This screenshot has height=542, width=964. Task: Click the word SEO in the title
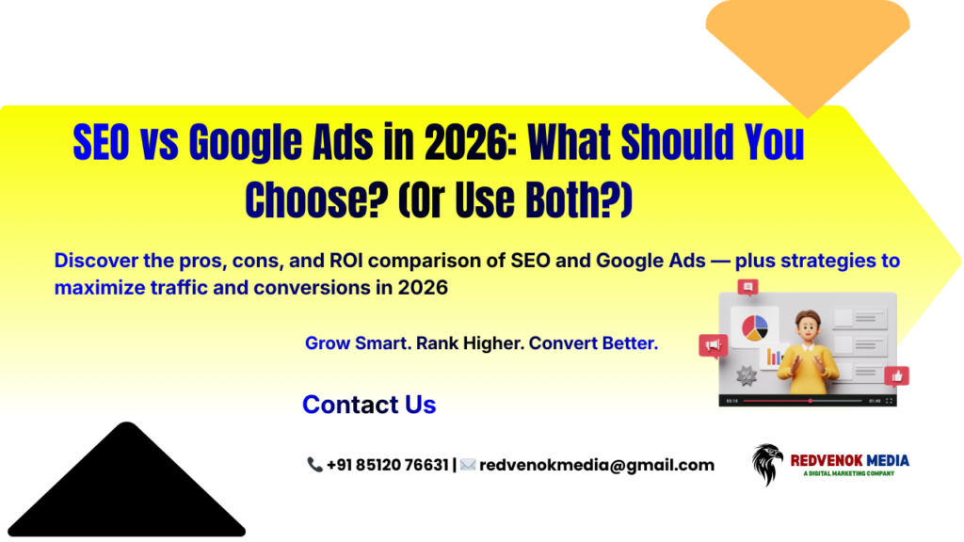click(x=103, y=144)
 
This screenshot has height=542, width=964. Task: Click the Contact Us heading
click(x=369, y=405)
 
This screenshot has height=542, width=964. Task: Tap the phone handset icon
click(x=314, y=465)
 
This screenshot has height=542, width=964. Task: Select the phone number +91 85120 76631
click(x=387, y=465)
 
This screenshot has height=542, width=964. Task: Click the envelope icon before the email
click(x=468, y=465)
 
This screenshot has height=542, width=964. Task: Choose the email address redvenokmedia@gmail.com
click(x=597, y=465)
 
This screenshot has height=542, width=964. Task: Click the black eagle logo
click(x=767, y=464)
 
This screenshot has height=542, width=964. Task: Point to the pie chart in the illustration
click(x=755, y=327)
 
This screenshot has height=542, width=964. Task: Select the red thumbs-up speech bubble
click(x=896, y=375)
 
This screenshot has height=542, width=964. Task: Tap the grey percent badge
click(x=748, y=375)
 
